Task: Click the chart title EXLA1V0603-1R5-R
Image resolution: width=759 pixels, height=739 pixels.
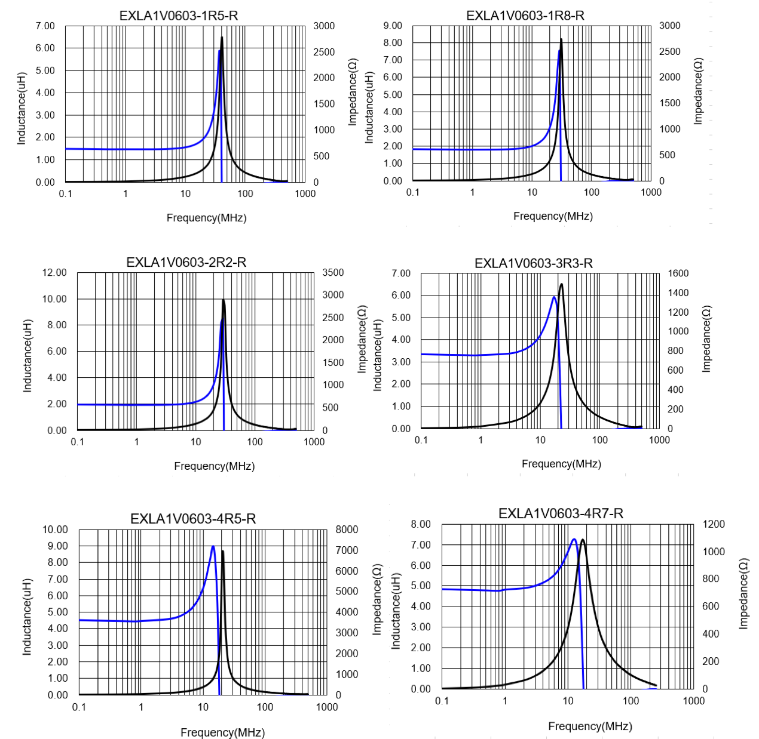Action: tap(179, 16)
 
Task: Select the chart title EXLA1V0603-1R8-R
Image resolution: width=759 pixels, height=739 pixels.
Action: tap(525, 16)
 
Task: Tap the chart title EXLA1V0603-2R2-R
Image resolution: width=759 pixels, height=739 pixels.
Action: tap(186, 263)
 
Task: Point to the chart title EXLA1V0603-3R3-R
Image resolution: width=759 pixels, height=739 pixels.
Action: tap(533, 263)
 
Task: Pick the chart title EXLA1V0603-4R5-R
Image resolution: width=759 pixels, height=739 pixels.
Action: tap(193, 519)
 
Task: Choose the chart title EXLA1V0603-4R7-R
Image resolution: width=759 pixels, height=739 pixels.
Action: tap(561, 513)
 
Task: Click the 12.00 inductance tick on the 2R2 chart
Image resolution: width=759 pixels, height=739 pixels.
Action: tap(54, 273)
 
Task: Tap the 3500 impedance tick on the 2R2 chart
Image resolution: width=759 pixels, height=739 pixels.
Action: tap(333, 273)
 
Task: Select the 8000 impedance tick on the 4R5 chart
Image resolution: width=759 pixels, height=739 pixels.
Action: tap(347, 529)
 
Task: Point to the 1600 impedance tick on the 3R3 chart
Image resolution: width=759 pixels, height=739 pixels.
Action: tap(678, 273)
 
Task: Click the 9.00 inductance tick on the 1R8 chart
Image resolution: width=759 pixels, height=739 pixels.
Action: tap(393, 26)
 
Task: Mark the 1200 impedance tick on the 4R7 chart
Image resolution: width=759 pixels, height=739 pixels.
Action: tap(714, 524)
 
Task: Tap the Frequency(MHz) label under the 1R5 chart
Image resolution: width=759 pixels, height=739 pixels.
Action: tap(206, 218)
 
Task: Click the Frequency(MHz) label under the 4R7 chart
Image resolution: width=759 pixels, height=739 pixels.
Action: tap(590, 726)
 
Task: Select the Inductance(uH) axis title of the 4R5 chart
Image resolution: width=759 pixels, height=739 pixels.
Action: tap(27, 617)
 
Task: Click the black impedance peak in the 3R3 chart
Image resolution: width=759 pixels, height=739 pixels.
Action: tap(561, 285)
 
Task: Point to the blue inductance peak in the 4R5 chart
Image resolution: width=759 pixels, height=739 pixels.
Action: tap(213, 546)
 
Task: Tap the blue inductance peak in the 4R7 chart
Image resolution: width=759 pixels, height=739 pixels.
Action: tap(574, 540)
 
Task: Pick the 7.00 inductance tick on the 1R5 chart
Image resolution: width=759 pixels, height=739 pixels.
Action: tap(45, 26)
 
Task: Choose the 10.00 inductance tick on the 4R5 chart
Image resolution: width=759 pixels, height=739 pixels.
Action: tap(55, 529)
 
